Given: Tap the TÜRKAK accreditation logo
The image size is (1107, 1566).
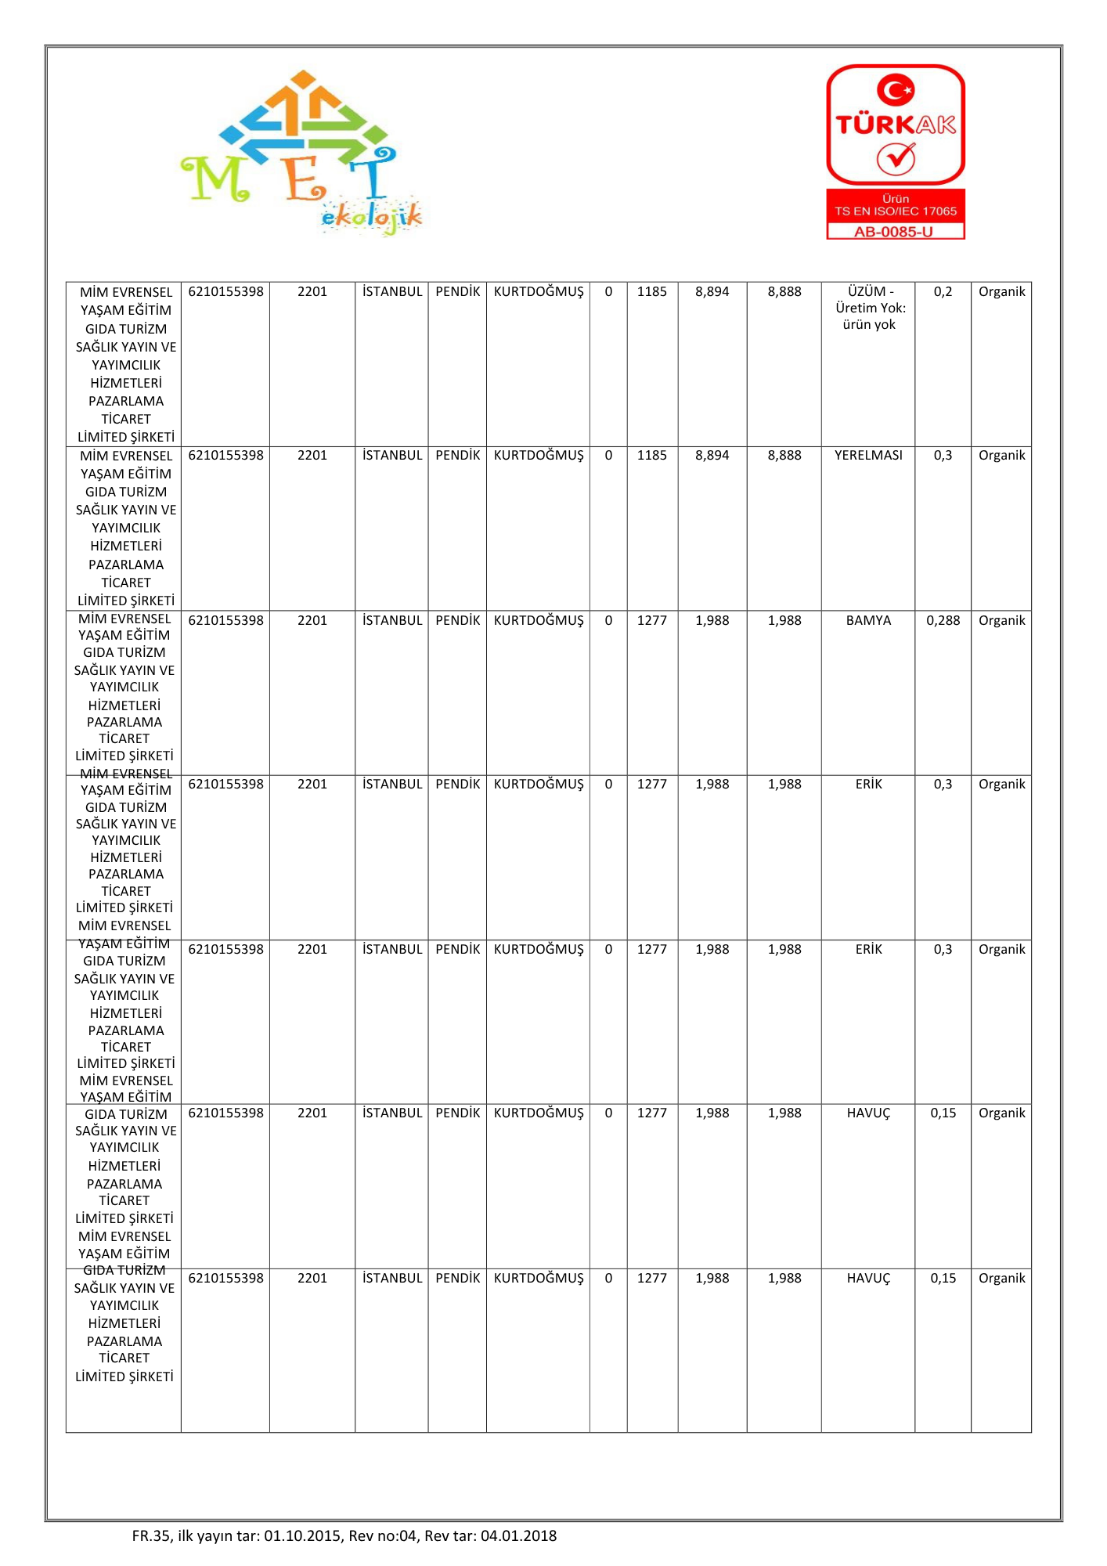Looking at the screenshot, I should coord(896,125).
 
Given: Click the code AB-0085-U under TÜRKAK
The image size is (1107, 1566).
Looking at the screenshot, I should coord(895,232).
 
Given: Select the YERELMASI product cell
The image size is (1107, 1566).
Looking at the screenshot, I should coord(868,456).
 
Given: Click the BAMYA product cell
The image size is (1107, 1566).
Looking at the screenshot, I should coord(868,620).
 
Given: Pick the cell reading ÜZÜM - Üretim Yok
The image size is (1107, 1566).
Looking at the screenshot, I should coord(869,308).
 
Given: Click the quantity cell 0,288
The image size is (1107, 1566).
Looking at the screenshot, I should coord(943,620).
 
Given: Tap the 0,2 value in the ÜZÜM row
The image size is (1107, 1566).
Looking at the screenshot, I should coord(943,292).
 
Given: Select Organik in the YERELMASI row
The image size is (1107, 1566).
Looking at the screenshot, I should coord(1001,456).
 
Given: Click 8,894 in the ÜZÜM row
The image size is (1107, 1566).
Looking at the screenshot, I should coord(712,292).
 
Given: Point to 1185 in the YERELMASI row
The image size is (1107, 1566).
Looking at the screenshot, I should coord(651,456).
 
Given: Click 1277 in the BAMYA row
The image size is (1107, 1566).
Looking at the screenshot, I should coord(651,620).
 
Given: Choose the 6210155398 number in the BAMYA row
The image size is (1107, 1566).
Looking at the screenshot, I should coord(225,620).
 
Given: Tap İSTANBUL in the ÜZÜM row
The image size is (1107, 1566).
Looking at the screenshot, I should coord(392,292).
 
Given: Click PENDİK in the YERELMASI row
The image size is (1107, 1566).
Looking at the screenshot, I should coord(457,456).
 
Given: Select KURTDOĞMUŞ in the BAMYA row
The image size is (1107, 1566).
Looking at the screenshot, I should coord(539,620).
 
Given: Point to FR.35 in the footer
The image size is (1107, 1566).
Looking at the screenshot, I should coord(151,1535).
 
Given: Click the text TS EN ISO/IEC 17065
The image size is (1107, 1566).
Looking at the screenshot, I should coord(896,211).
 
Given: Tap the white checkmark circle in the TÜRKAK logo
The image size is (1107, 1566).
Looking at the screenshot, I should coord(896,159).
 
